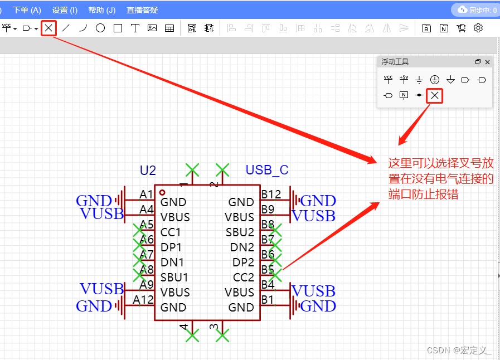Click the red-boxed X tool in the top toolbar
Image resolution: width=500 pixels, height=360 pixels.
pos(49,28)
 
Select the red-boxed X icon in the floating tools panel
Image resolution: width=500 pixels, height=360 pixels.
pos(435,96)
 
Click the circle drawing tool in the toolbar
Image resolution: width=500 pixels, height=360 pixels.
pos(100,28)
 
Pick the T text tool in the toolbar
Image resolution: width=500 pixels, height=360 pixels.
pos(135,28)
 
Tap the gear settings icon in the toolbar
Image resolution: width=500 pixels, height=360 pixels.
pos(478,28)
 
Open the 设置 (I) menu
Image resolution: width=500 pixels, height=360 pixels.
pos(65,10)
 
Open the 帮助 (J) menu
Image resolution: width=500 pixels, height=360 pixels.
pos(102,10)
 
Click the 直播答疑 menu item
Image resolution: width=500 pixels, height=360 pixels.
pos(142,10)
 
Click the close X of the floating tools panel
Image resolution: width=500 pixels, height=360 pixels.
pos(488,62)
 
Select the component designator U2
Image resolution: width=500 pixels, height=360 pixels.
pos(148,170)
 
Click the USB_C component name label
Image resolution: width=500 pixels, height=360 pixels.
pos(267,170)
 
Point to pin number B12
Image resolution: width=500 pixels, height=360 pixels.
pos(271,194)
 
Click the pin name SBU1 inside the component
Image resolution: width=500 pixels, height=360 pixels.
pos(174,277)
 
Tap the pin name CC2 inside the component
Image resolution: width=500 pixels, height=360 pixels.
pos(244,277)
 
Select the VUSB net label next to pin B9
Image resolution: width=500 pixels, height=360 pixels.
pos(314,215)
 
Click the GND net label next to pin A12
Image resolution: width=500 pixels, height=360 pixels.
pos(94,306)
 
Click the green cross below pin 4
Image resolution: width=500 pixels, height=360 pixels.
pos(192,335)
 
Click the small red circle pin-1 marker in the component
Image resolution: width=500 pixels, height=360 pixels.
pos(162,192)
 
